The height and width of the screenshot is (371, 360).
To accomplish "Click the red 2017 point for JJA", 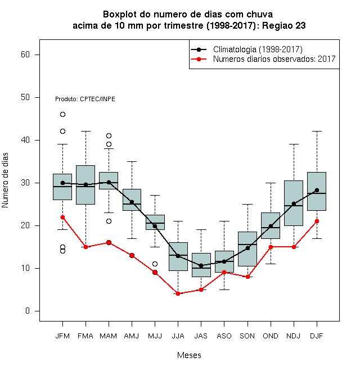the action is [x=178, y=293].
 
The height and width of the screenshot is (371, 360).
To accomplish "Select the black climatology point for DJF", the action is [x=317, y=190].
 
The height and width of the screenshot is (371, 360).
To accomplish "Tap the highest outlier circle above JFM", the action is [x=62, y=115].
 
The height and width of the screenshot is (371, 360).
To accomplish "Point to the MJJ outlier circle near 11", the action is [x=155, y=264].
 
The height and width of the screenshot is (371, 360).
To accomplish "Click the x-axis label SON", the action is [x=247, y=336].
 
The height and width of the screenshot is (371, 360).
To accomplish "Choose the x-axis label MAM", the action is [x=108, y=336].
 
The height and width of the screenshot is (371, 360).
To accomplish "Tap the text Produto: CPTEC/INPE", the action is [x=85, y=99].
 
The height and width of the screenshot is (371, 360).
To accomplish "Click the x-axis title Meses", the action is [x=189, y=355].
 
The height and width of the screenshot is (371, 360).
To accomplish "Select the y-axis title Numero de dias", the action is [x=5, y=180].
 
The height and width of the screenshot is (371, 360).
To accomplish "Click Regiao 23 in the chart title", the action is [x=283, y=25].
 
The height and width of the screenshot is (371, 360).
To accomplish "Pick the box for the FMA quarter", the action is [x=85, y=185].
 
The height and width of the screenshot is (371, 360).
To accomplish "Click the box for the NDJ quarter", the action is [x=294, y=203].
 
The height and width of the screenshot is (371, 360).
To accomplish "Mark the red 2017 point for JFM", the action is [x=62, y=217].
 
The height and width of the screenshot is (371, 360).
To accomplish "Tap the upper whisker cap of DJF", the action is [x=317, y=131].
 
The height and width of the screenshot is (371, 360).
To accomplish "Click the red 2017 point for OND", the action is [x=271, y=247].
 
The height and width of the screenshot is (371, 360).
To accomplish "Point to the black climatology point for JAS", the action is [x=201, y=266].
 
